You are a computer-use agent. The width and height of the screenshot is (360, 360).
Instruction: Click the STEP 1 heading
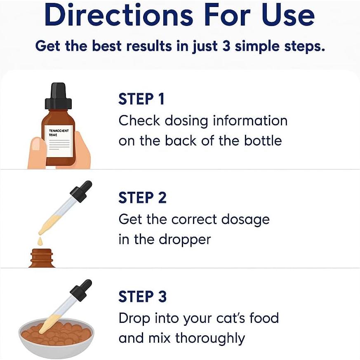coord(141,99)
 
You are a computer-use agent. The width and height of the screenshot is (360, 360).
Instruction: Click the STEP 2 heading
coord(142,198)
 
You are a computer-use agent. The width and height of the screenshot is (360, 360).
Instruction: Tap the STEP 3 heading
coord(142,296)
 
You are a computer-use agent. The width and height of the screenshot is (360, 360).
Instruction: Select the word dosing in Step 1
coord(186,121)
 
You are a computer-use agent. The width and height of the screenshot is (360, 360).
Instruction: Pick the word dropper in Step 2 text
coord(186,240)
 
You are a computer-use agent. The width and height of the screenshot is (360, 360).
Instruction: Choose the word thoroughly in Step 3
coord(210,339)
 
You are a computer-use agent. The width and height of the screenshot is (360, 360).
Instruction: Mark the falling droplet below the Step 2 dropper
coord(40,241)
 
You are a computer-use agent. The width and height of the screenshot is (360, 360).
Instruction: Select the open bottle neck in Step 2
coord(42,258)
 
